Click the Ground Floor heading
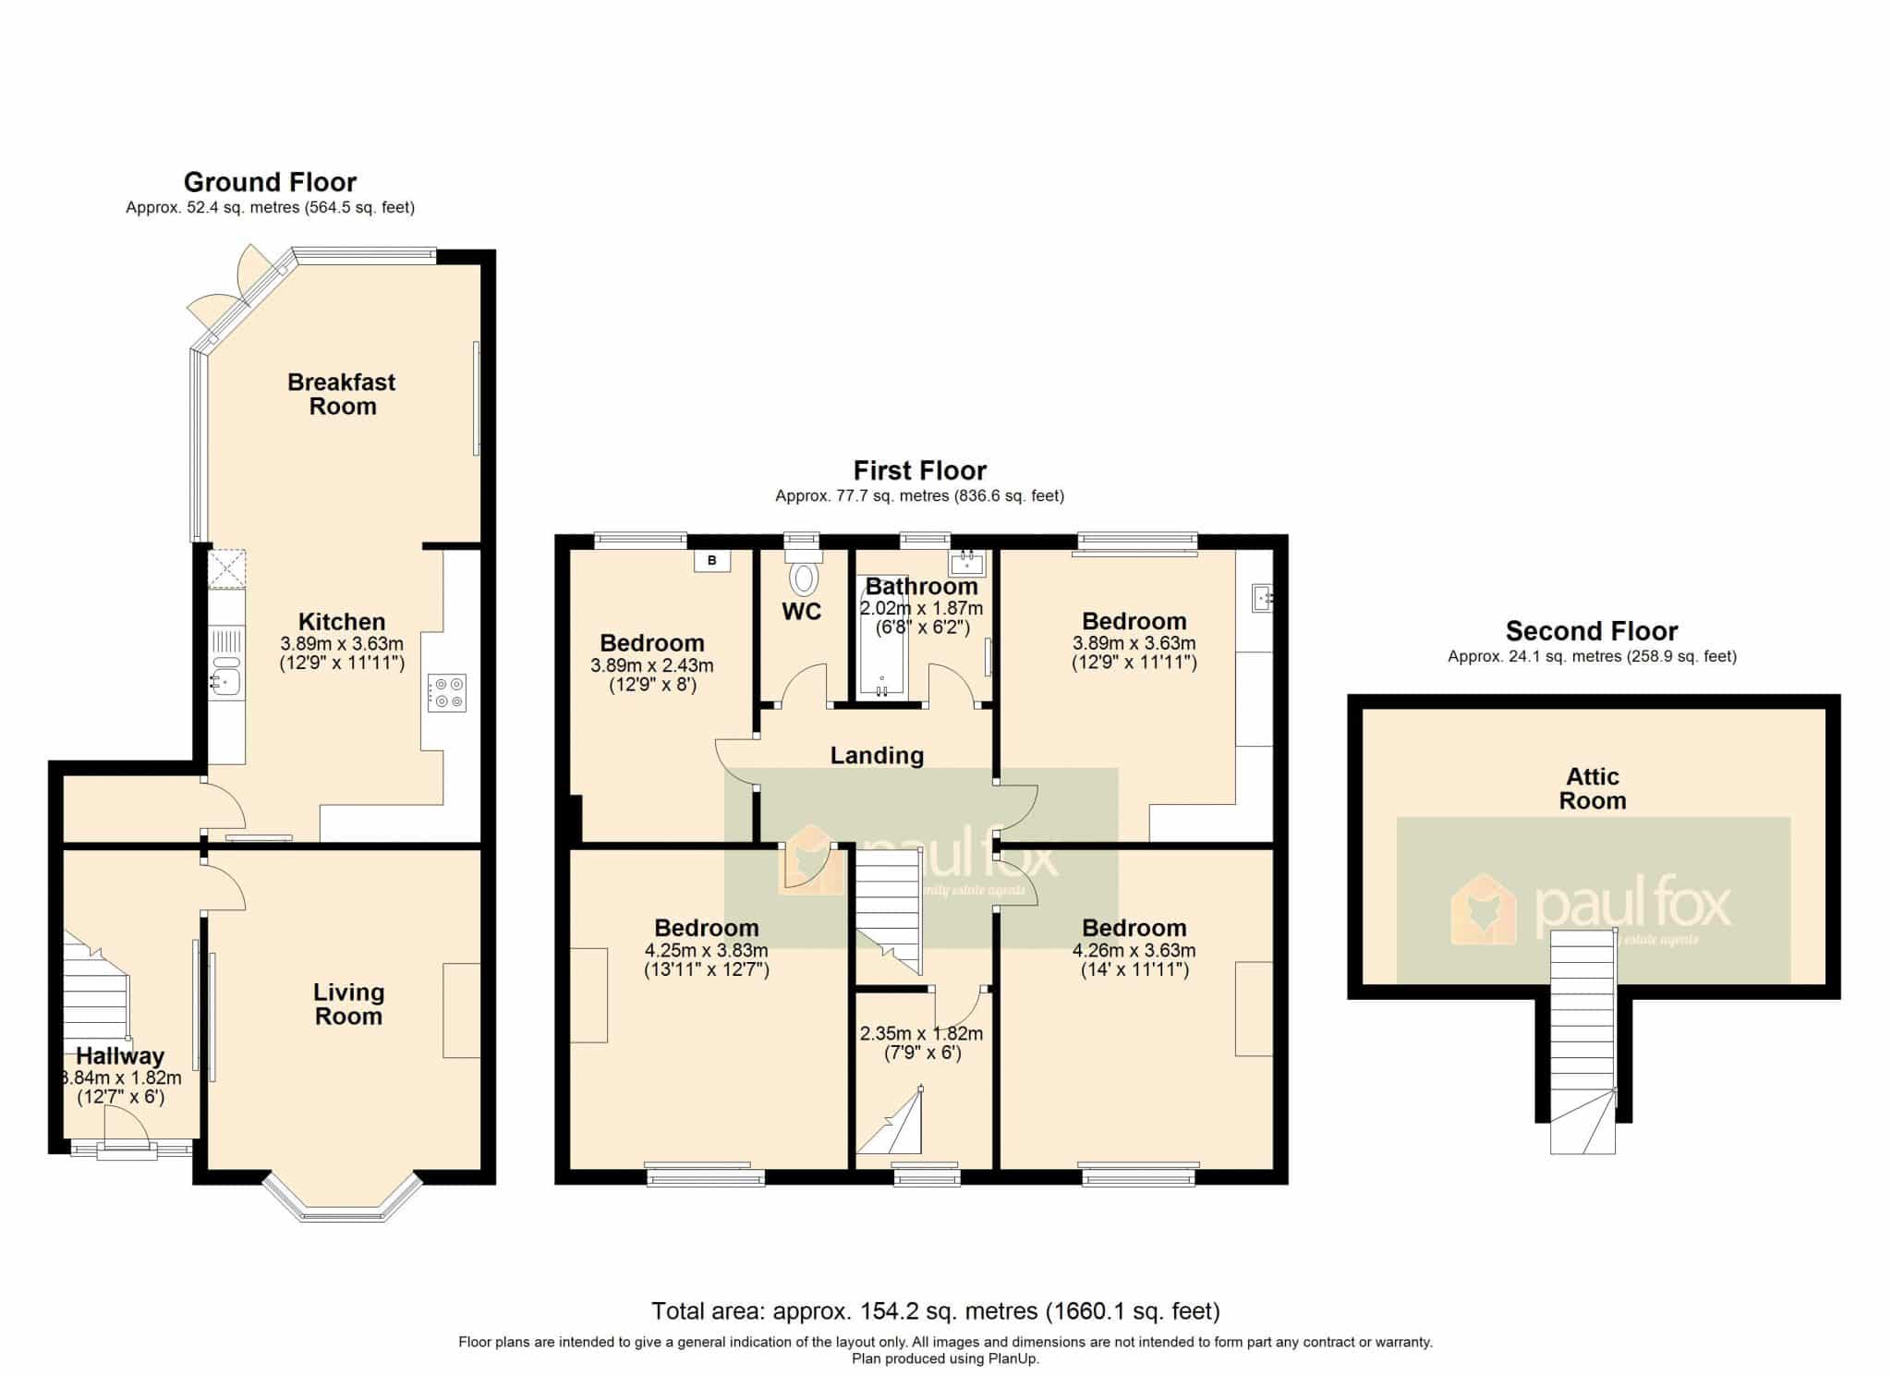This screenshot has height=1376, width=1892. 270,182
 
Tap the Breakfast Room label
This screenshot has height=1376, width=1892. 342,395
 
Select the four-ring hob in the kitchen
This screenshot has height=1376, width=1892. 447,693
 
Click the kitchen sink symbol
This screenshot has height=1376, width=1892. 225,675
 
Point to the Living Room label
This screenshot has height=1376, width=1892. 348,1005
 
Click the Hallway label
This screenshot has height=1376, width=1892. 120,1056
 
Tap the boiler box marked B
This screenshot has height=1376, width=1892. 712,560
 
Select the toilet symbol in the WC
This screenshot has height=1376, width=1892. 804,575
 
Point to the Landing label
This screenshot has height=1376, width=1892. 877,756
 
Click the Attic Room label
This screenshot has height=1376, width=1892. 1593,789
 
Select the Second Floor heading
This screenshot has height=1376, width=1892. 1592,631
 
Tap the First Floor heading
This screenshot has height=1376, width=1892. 920,471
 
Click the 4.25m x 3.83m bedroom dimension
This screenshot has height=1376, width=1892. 707,950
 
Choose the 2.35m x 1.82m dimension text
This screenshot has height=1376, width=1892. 921,1034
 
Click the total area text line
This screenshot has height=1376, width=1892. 936,1310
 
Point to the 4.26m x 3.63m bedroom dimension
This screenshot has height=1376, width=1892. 1134,950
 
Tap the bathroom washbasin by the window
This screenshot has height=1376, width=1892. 967,563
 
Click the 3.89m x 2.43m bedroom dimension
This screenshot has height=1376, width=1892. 652,665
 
